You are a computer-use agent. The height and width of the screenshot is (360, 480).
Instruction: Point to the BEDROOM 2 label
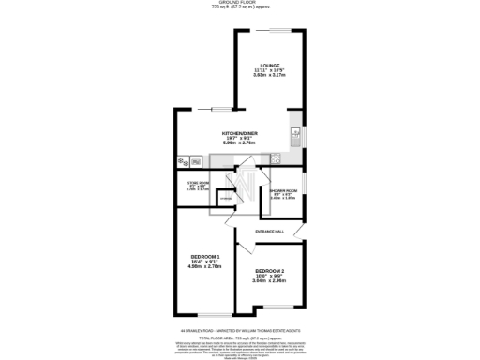click(x=270, y=271)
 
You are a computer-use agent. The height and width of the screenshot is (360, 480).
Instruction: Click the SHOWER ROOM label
click(x=283, y=191)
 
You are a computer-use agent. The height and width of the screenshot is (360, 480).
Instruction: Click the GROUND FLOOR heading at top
click(x=240, y=3)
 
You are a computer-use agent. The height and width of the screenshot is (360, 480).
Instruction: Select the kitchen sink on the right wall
click(x=294, y=132)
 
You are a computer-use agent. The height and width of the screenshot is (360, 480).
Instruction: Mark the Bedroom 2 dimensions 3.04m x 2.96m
click(x=270, y=281)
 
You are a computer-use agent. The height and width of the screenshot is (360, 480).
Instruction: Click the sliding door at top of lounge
click(x=269, y=30)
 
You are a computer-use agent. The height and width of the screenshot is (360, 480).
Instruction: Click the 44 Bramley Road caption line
click(x=240, y=330)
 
